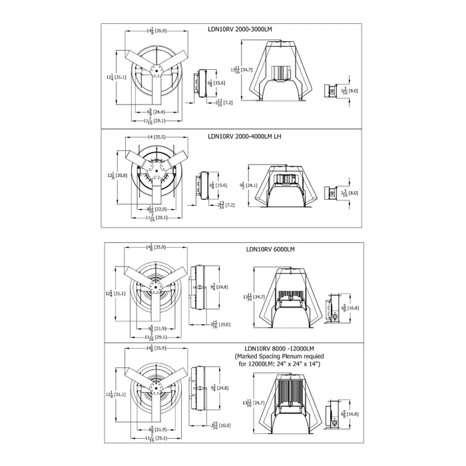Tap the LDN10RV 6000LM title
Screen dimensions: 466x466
(x=270, y=250)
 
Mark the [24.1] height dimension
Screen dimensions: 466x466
(x=251, y=185)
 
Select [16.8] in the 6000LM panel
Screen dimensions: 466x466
(x=353, y=308)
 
